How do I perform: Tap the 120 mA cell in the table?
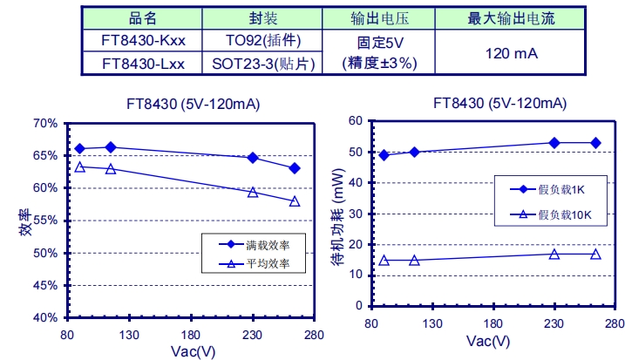510,53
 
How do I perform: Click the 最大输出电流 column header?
510,17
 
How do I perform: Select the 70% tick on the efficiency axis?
46,123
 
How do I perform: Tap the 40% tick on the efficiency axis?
46,318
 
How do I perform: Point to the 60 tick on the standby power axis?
355,120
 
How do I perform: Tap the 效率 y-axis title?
25,224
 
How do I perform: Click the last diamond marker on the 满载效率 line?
295,168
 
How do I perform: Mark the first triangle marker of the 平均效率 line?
79,166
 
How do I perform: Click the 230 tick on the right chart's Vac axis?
551,323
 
